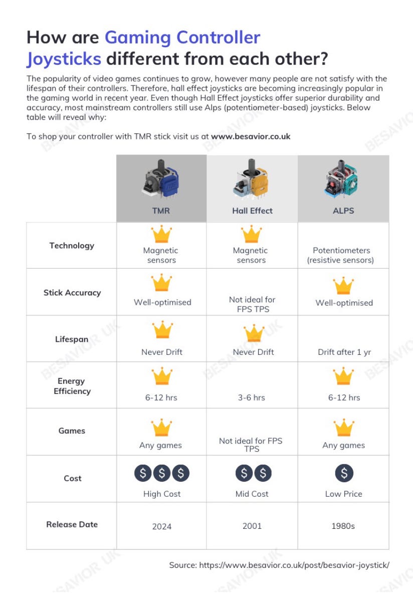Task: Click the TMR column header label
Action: [161, 211]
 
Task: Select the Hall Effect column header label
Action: [252, 211]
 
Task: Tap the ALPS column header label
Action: [343, 211]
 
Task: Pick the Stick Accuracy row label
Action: [72, 293]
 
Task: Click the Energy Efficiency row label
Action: [72, 386]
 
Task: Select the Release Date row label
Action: [72, 524]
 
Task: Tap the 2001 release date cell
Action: [252, 526]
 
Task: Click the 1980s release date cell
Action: [343, 526]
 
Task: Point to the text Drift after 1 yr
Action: [344, 352]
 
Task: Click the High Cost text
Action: [162, 494]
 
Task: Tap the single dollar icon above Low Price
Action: [344, 473]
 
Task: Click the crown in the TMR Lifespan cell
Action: [162, 330]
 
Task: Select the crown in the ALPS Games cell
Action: [344, 428]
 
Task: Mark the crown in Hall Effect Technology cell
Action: [251, 234]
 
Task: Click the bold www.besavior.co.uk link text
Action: [251, 136]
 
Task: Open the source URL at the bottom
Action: [294, 565]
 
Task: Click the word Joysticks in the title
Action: [64, 59]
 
